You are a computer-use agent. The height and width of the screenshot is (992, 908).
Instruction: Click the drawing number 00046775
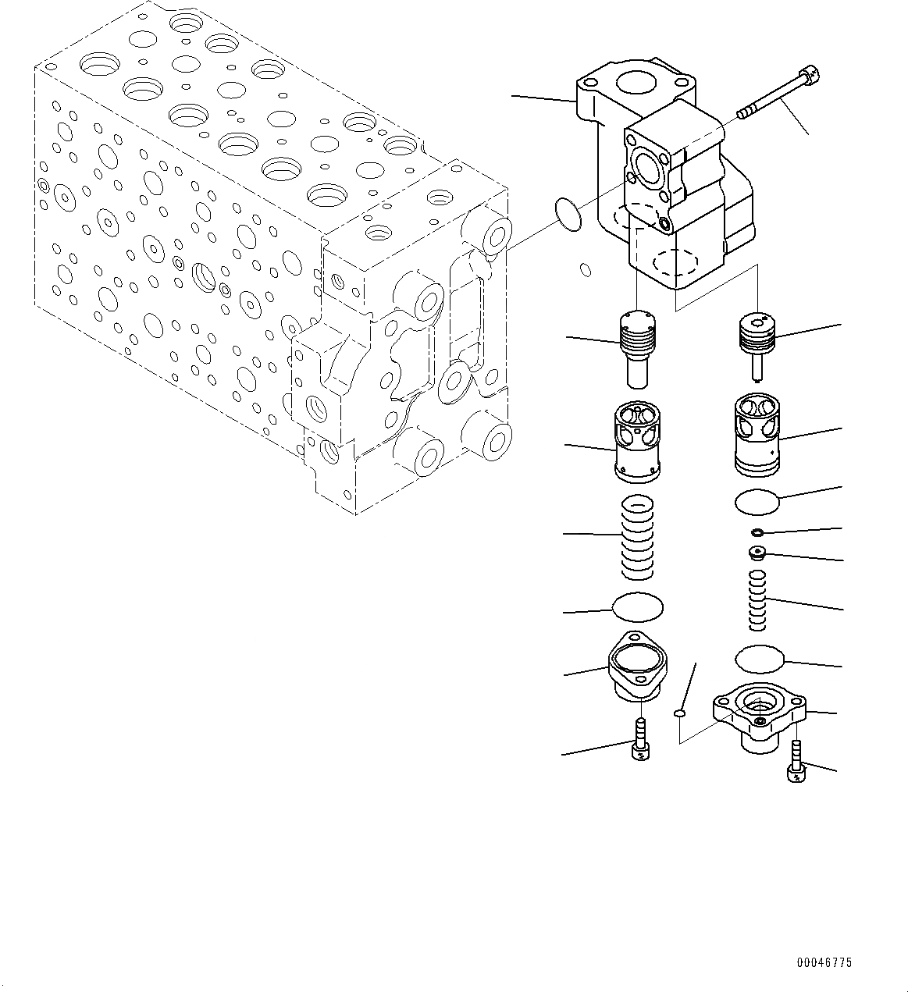click(x=824, y=963)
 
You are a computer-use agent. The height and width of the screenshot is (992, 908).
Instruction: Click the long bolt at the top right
click(x=778, y=97)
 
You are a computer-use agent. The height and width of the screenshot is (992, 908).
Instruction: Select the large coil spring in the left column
click(x=638, y=539)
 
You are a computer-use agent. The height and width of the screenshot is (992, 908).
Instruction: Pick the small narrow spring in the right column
click(x=757, y=600)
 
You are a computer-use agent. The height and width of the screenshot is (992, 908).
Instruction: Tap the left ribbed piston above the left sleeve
click(x=637, y=347)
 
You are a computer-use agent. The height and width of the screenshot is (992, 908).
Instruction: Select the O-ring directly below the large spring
click(x=638, y=606)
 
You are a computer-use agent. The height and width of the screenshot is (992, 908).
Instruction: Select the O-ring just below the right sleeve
click(x=757, y=502)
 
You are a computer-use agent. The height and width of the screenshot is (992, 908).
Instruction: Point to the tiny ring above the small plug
click(x=756, y=532)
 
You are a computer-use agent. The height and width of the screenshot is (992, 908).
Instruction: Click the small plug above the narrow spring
click(x=756, y=553)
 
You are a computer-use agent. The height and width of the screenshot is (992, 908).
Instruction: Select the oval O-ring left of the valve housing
click(x=568, y=214)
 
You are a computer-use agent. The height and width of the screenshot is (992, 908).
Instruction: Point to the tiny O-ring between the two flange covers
click(x=680, y=713)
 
